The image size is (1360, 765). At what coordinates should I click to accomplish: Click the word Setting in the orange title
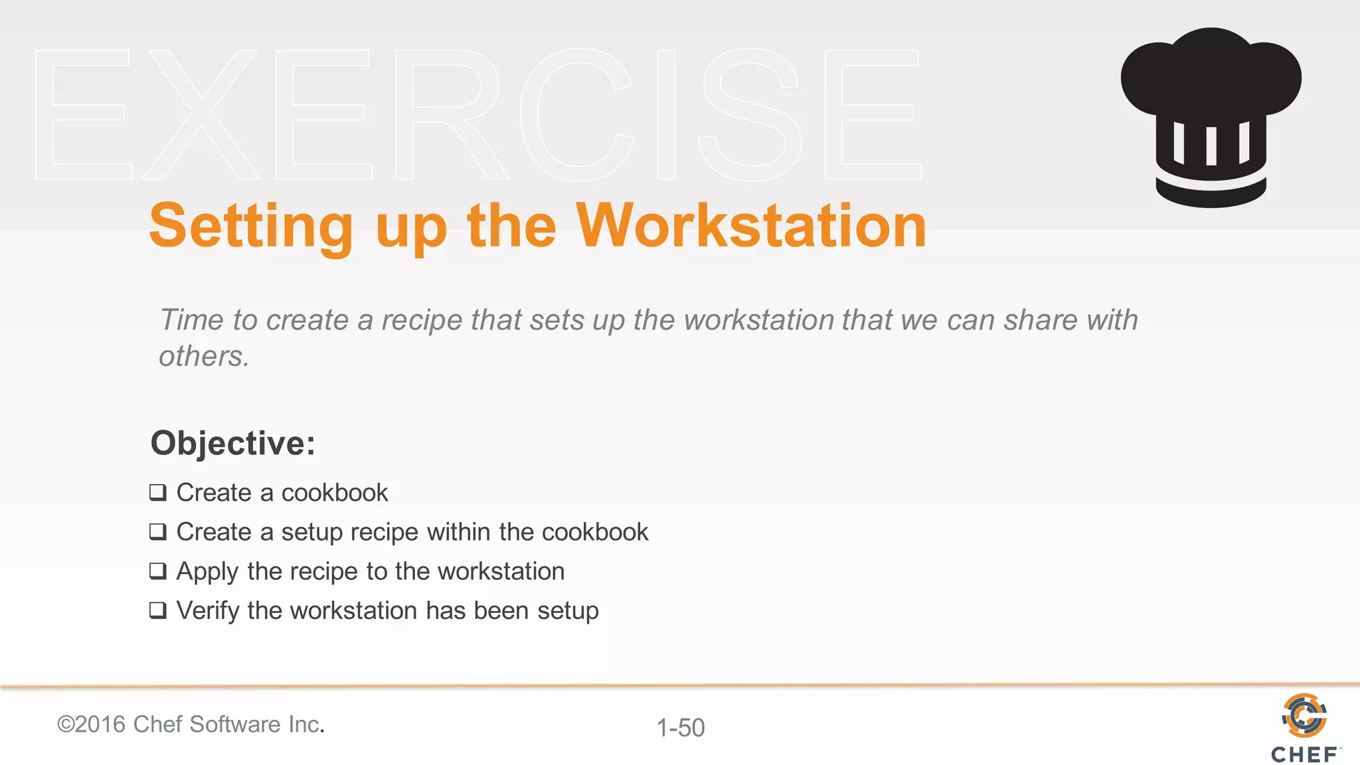(251, 226)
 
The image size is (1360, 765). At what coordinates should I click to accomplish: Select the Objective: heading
(232, 443)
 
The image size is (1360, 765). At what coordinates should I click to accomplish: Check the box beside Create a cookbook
(158, 493)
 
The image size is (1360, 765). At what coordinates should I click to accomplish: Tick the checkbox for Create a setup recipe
(158, 532)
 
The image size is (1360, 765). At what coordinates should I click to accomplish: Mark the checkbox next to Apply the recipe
(158, 571)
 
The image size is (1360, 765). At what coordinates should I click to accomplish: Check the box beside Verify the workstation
(158, 610)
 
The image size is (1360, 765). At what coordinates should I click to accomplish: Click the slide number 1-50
(681, 728)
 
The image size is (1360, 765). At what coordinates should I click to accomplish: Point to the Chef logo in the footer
(1304, 727)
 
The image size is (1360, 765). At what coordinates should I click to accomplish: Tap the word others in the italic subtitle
(203, 357)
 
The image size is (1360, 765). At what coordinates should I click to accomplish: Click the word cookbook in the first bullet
(335, 493)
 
